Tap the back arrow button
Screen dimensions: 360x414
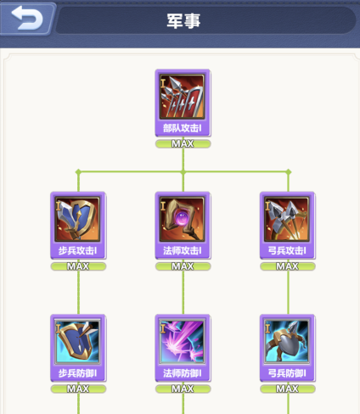(27, 18)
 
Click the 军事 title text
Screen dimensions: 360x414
(183, 20)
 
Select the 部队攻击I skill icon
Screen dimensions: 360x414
(182, 97)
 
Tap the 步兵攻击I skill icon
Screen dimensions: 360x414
(77, 219)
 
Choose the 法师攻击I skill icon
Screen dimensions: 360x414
(182, 219)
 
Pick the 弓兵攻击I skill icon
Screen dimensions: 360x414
(287, 219)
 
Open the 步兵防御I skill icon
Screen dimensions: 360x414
(77, 342)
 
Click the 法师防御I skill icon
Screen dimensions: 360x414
(182, 342)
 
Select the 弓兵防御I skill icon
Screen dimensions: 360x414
(287, 342)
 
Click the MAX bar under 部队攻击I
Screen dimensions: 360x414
(183, 144)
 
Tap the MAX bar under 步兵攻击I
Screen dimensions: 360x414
(78, 266)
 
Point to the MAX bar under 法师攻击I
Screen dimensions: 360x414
(183, 266)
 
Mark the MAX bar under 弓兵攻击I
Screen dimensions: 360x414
(288, 266)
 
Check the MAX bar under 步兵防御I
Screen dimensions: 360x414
(78, 389)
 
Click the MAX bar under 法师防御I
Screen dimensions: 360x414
(183, 389)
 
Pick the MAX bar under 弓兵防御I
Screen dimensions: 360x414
(288, 389)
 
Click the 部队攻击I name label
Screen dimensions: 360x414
(182, 128)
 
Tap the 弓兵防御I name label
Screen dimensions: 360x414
(287, 373)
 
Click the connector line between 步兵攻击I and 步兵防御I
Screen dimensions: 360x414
(78, 293)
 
